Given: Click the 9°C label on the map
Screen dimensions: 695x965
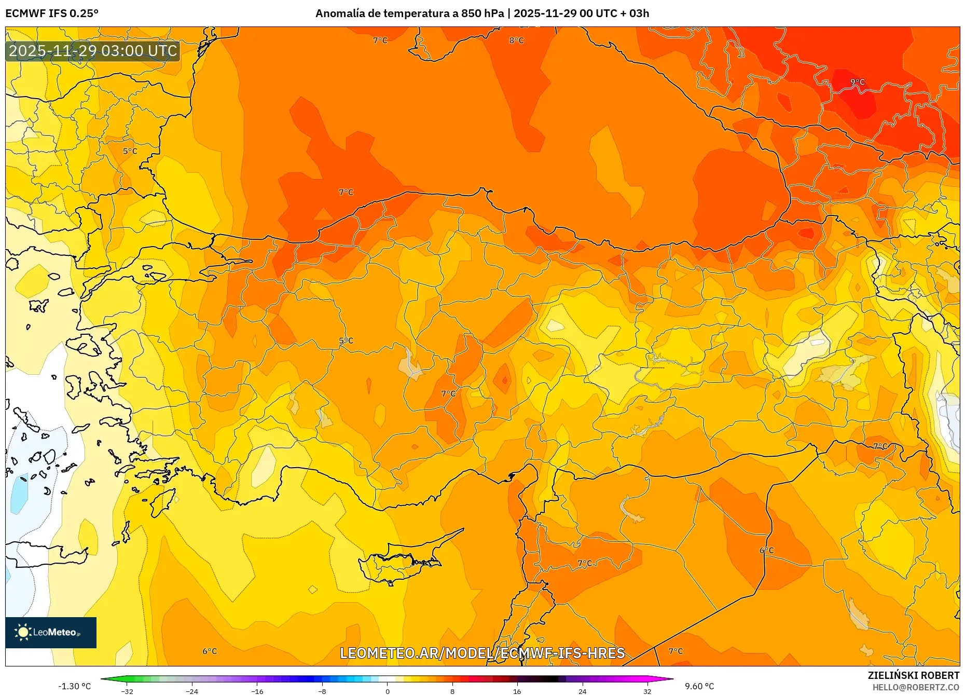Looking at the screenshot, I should (857, 82).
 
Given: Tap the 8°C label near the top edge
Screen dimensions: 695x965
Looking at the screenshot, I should (516, 40).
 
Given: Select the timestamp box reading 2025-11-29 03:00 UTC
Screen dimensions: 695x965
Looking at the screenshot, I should (93, 51).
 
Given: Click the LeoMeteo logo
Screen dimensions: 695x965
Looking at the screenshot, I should (51, 632).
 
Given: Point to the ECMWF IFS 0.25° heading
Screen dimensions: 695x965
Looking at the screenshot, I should (52, 13).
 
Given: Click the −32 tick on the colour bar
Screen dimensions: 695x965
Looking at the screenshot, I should (127, 691).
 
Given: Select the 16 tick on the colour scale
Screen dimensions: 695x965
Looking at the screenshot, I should (517, 691).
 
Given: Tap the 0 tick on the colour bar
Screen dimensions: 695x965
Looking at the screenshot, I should (387, 691).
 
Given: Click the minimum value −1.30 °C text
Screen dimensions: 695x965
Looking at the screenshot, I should (74, 686).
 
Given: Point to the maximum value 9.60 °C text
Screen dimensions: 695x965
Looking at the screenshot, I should (699, 686).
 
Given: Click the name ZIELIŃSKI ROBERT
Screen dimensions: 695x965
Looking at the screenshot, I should (913, 675).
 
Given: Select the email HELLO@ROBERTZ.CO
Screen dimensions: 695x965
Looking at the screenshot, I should (916, 687).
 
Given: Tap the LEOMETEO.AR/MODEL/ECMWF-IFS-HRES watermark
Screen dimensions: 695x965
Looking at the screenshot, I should (482, 653).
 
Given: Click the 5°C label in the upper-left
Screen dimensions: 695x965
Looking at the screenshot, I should (130, 152).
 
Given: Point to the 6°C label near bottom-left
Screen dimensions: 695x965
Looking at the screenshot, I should (210, 651).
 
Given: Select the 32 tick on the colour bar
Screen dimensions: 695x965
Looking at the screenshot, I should (647, 691).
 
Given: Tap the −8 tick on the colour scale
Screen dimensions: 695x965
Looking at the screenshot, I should (322, 691).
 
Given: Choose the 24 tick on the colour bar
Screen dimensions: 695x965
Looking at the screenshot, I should (582, 691).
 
